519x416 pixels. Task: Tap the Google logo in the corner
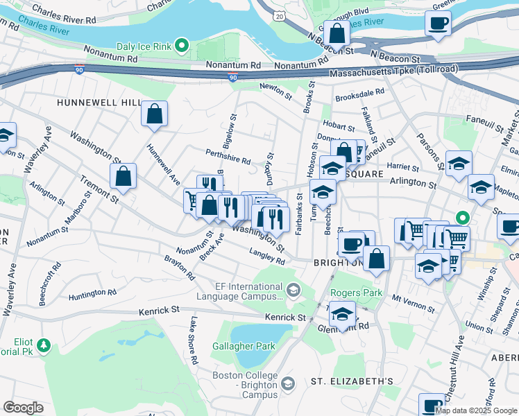[23, 408]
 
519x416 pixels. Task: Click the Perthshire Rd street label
[228, 156]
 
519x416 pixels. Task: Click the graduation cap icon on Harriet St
[458, 164]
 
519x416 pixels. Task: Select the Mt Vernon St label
[407, 300]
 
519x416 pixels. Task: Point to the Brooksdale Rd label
[359, 96]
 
